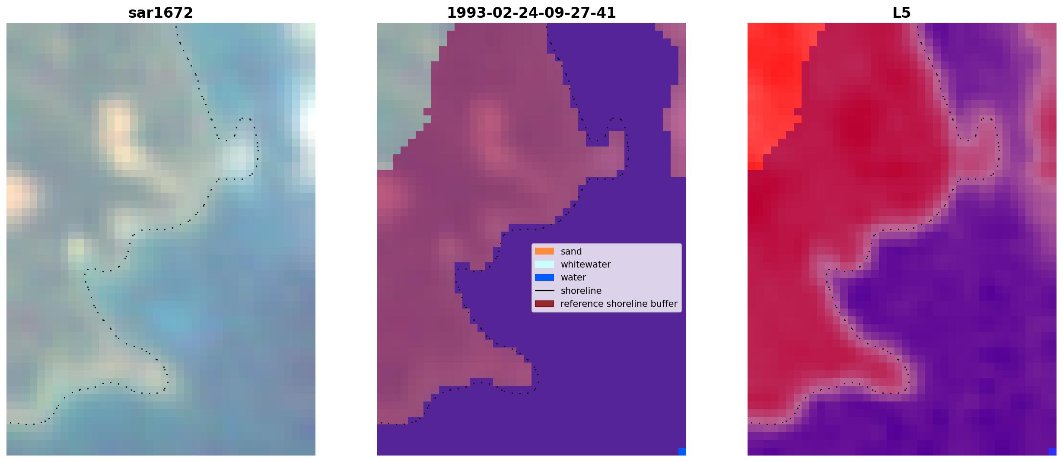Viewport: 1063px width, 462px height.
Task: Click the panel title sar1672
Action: [161, 13]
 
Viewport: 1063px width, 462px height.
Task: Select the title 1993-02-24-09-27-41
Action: [531, 13]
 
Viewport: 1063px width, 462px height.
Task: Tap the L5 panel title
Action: [901, 13]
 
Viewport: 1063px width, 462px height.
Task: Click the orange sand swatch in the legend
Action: [544, 251]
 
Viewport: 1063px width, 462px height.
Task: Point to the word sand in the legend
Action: [571, 252]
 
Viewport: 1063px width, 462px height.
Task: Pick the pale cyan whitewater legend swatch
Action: [544, 264]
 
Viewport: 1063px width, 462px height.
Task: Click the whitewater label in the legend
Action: [586, 264]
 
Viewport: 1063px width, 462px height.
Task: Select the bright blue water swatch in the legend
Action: [544, 277]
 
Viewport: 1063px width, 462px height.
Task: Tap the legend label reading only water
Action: [573, 277]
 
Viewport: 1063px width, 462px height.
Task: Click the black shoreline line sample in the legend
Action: [544, 290]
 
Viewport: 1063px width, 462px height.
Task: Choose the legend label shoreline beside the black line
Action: [581, 291]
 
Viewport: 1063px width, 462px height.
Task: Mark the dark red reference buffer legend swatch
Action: [544, 304]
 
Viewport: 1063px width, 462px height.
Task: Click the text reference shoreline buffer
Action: [619, 304]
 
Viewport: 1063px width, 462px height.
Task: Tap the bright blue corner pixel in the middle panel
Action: [682, 451]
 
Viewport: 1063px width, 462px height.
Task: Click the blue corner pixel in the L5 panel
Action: [1052, 451]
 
